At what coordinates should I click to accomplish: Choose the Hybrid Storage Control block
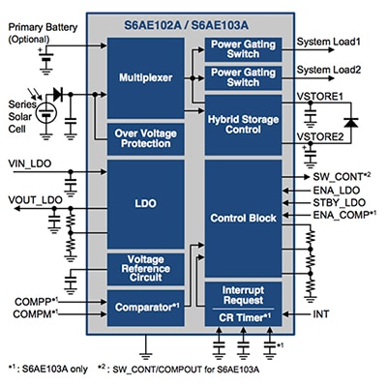click(x=243, y=121)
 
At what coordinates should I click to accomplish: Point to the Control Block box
click(x=243, y=220)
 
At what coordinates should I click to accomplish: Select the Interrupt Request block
click(x=243, y=294)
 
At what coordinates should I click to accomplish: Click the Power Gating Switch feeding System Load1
click(x=243, y=47)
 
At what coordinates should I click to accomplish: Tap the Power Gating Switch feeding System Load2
click(x=243, y=76)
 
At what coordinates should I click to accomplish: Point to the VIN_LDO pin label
click(x=28, y=163)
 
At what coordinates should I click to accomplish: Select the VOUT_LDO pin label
click(x=31, y=199)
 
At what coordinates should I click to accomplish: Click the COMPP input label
click(x=29, y=302)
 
